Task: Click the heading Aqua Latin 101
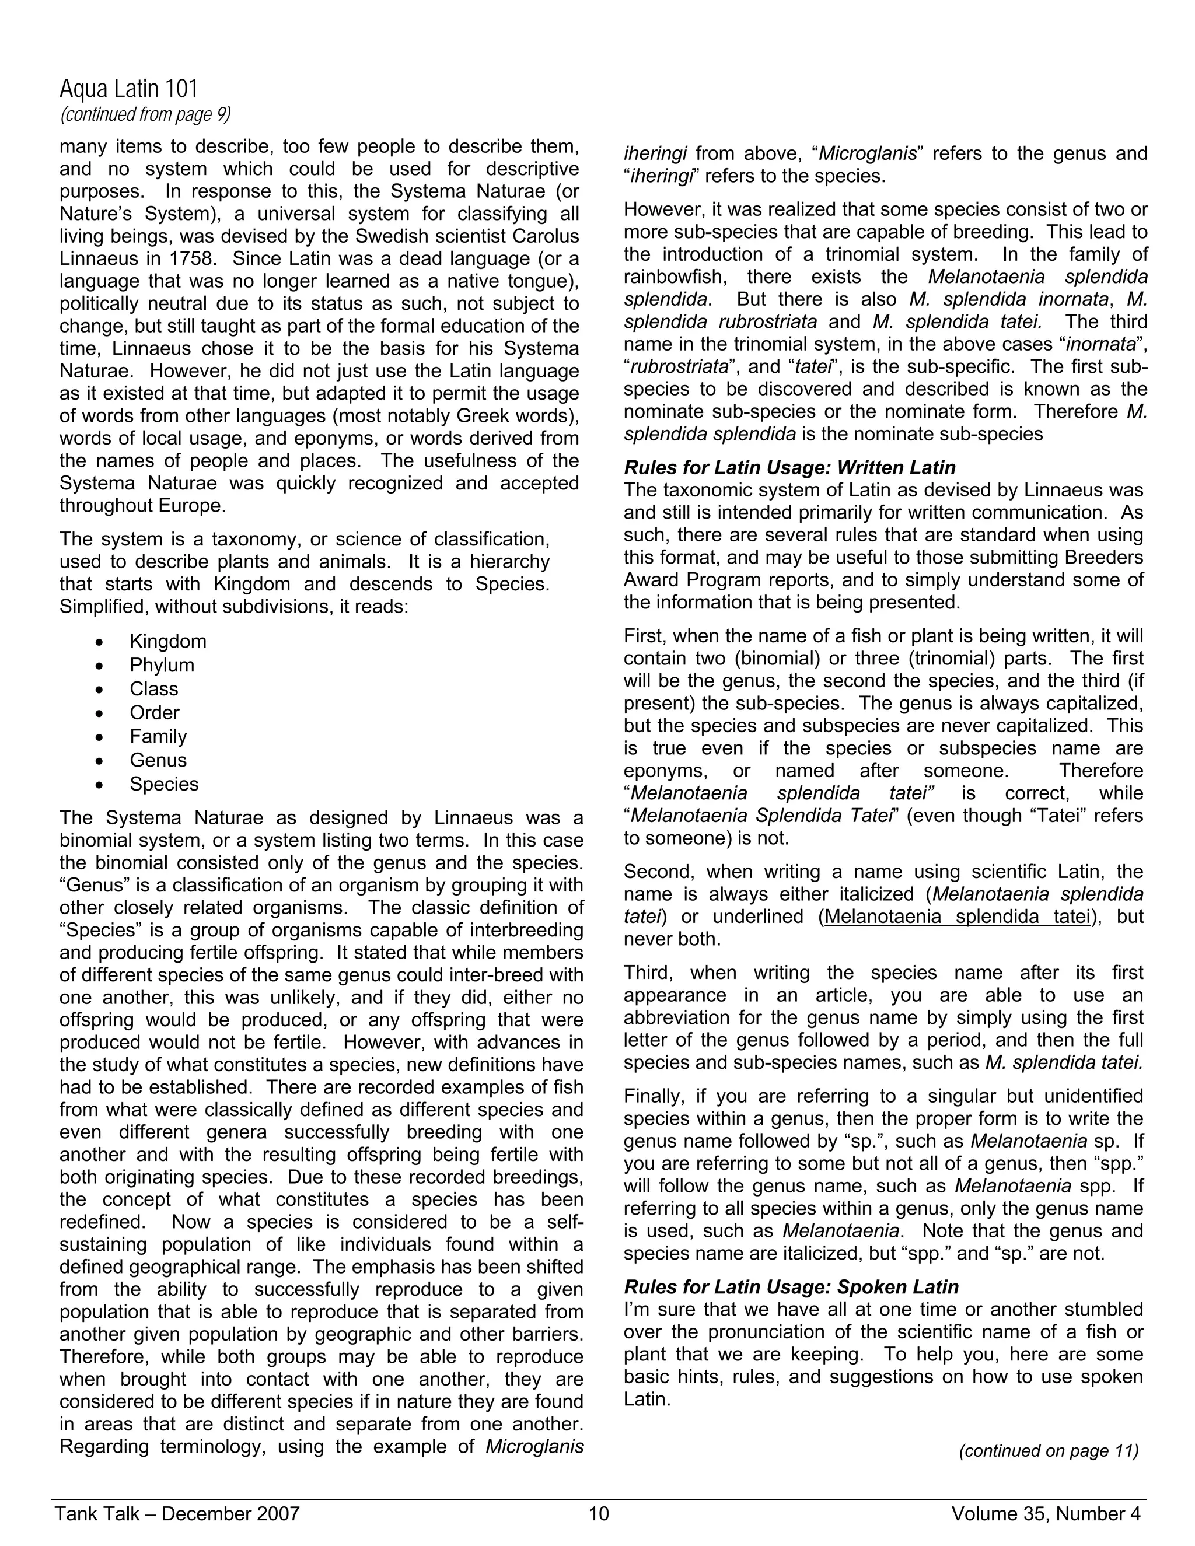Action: (x=129, y=89)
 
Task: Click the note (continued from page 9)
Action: (x=145, y=115)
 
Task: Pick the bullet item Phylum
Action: (x=162, y=666)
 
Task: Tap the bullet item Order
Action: (x=154, y=713)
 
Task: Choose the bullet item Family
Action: (x=158, y=737)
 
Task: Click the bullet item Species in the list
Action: (x=163, y=784)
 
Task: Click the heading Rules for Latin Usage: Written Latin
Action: (x=789, y=468)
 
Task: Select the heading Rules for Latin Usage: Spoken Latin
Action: (x=791, y=1287)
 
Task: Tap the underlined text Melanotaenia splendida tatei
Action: (x=957, y=917)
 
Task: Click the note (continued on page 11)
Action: (x=1049, y=1451)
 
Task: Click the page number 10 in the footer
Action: (x=598, y=1514)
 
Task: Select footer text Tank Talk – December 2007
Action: (x=178, y=1514)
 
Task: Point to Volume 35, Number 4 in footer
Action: (x=1046, y=1514)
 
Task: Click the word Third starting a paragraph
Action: (x=647, y=973)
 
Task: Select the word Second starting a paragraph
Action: (x=658, y=872)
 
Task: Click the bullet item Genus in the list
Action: (x=158, y=760)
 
